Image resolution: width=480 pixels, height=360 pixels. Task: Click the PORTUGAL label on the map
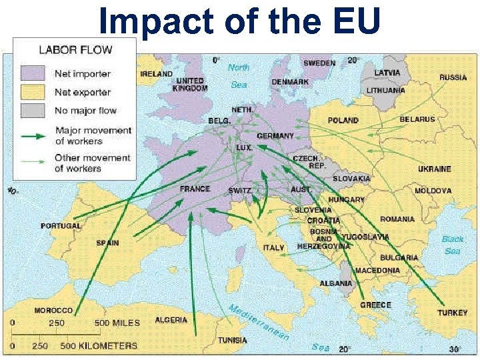pos(61,226)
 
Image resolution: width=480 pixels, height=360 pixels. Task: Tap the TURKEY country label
pos(452,313)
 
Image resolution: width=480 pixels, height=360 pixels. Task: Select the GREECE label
pos(375,305)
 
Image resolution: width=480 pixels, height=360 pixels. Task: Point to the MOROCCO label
pos(53,311)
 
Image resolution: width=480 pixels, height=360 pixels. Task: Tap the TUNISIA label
pos(232,340)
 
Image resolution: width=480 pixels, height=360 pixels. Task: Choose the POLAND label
pos(343,121)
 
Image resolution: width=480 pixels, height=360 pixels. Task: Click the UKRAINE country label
pos(434,169)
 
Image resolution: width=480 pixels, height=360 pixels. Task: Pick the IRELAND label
pos(156,74)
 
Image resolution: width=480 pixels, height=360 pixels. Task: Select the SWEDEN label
pos(319,63)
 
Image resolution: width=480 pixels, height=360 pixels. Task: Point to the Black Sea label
pos(453,245)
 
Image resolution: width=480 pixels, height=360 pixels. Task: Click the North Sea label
pos(239,76)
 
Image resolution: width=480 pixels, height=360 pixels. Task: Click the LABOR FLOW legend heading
pos(75,50)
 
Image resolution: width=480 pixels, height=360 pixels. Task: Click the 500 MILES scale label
pos(117,323)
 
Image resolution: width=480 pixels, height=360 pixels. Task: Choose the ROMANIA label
pos(397,219)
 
